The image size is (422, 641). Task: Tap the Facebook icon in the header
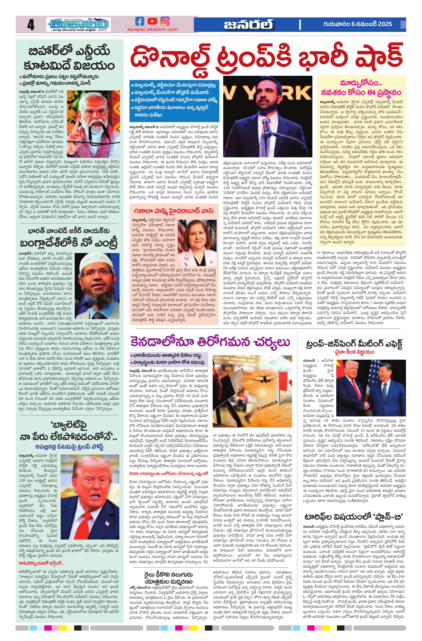[140, 21]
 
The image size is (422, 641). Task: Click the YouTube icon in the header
[152, 21]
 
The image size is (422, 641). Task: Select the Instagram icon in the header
[165, 21]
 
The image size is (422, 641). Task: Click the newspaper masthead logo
[78, 25]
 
